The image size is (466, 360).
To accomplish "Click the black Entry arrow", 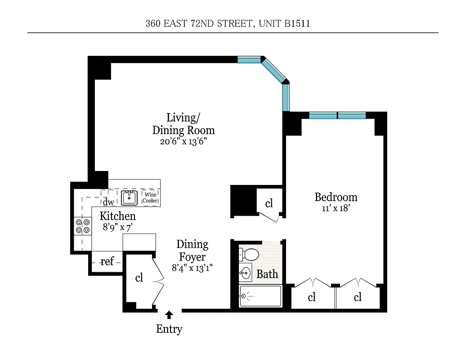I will click(x=170, y=315).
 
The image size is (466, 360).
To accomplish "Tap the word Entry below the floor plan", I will click(x=169, y=329).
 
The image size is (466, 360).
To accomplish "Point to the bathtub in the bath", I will click(x=260, y=296).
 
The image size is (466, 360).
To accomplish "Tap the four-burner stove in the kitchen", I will click(x=82, y=226).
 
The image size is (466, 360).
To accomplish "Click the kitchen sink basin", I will click(x=130, y=197).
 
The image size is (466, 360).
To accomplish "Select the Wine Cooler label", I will click(x=151, y=197).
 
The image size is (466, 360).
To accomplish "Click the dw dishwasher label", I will click(x=108, y=202).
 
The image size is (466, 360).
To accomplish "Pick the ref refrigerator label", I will click(x=107, y=261).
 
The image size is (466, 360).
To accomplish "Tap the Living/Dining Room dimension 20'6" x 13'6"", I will click(x=183, y=141).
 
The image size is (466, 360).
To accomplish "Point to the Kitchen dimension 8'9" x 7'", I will click(x=117, y=227).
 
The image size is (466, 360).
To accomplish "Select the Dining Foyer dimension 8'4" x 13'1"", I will click(x=192, y=268).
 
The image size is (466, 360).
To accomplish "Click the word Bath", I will click(x=267, y=274).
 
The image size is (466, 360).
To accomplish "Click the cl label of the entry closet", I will click(x=139, y=278).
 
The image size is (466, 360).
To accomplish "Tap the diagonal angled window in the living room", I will click(x=274, y=70).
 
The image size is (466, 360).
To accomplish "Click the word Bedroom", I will click(x=336, y=197).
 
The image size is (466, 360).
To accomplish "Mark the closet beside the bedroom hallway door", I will click(x=269, y=203).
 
